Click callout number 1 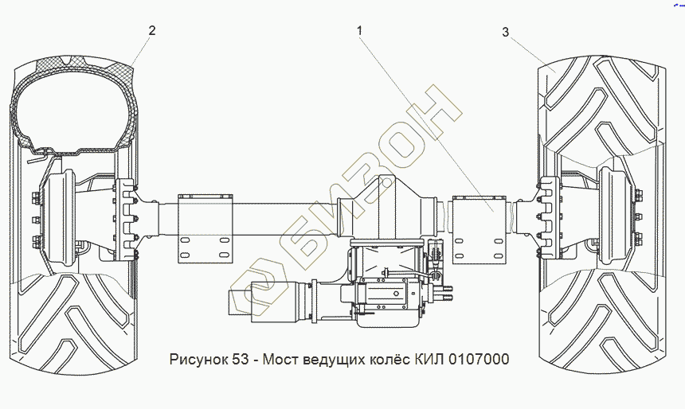point(359,30)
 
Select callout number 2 point(151,30)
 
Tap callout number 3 point(506,32)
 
